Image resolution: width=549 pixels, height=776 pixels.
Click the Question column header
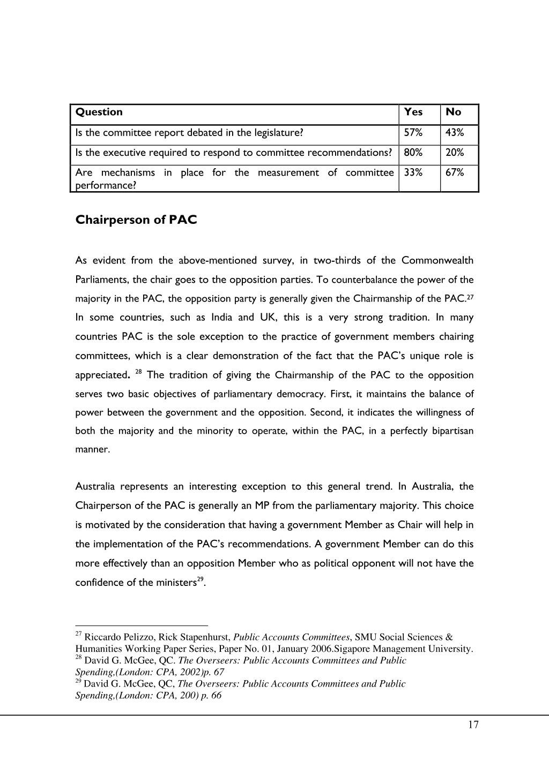(99, 112)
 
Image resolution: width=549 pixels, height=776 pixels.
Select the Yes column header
(413, 112)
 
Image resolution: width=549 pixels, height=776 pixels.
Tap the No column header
(453, 112)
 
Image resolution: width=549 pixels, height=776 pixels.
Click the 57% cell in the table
(413, 133)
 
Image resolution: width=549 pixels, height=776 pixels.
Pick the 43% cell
(454, 133)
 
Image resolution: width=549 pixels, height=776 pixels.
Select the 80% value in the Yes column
(413, 153)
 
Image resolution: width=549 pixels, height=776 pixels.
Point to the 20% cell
(454, 153)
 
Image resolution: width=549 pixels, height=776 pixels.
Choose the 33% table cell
(413, 172)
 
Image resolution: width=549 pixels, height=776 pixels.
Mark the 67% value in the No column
(454, 172)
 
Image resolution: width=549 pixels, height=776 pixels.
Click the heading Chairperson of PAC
(136, 220)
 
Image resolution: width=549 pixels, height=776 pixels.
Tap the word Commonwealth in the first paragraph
(437, 261)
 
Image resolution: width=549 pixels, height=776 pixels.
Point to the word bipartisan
(452, 431)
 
